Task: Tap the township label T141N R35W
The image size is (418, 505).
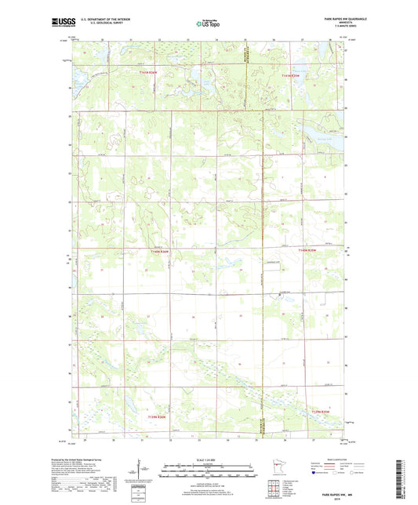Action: (x=291, y=75)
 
